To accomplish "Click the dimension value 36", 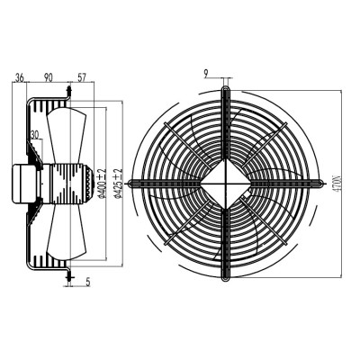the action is (x=20, y=77).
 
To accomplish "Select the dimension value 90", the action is (x=49, y=77).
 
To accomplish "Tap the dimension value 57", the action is (x=82, y=77).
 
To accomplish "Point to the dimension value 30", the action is (x=35, y=135).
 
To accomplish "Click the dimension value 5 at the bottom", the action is (x=88, y=282).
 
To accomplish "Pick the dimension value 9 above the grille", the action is (x=206, y=74).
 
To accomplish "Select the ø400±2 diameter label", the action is (x=102, y=184).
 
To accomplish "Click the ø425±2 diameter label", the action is (x=119, y=184).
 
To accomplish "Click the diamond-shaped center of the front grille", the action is (x=226, y=183).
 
